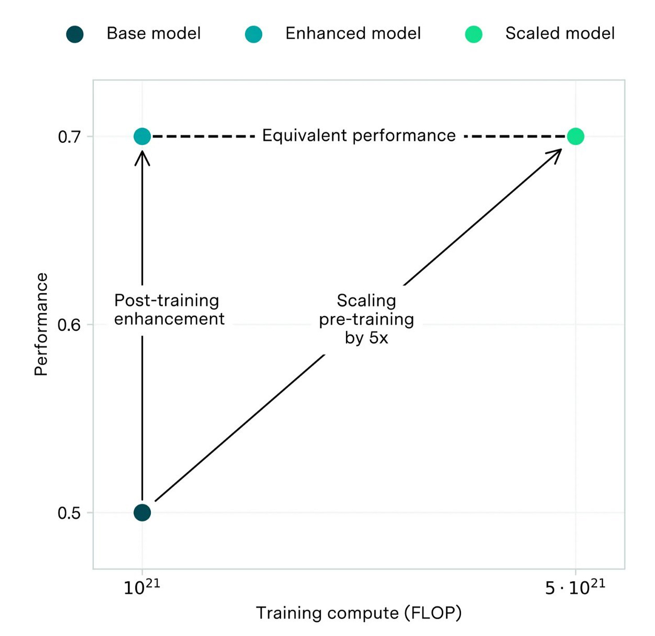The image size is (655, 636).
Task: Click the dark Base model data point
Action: coord(142,512)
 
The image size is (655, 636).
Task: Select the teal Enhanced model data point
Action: coord(142,136)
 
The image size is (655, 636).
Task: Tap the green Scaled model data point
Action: coord(575,136)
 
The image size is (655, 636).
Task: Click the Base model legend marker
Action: coord(75,34)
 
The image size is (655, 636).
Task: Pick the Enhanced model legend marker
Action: coord(253,34)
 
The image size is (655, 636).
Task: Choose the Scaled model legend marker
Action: coord(473,34)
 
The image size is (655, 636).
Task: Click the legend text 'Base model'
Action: coord(153,34)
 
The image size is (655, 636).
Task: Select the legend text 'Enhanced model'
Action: coord(353,34)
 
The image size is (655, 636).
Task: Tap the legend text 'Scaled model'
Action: coord(560,34)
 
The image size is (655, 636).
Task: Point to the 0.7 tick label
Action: coord(69,137)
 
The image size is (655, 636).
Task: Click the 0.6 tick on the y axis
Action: coord(69,325)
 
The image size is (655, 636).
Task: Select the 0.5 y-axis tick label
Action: coord(69,513)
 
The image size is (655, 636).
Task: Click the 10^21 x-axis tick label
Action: coord(142,587)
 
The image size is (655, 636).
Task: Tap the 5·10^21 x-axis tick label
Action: coord(575,587)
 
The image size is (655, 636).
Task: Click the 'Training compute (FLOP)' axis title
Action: coord(359,613)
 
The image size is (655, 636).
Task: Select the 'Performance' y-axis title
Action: coord(41,324)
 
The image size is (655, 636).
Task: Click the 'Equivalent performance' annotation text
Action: coord(359,136)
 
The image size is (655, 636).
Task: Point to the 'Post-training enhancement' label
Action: coord(169,310)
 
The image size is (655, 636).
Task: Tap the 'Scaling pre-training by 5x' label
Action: coord(366,319)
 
